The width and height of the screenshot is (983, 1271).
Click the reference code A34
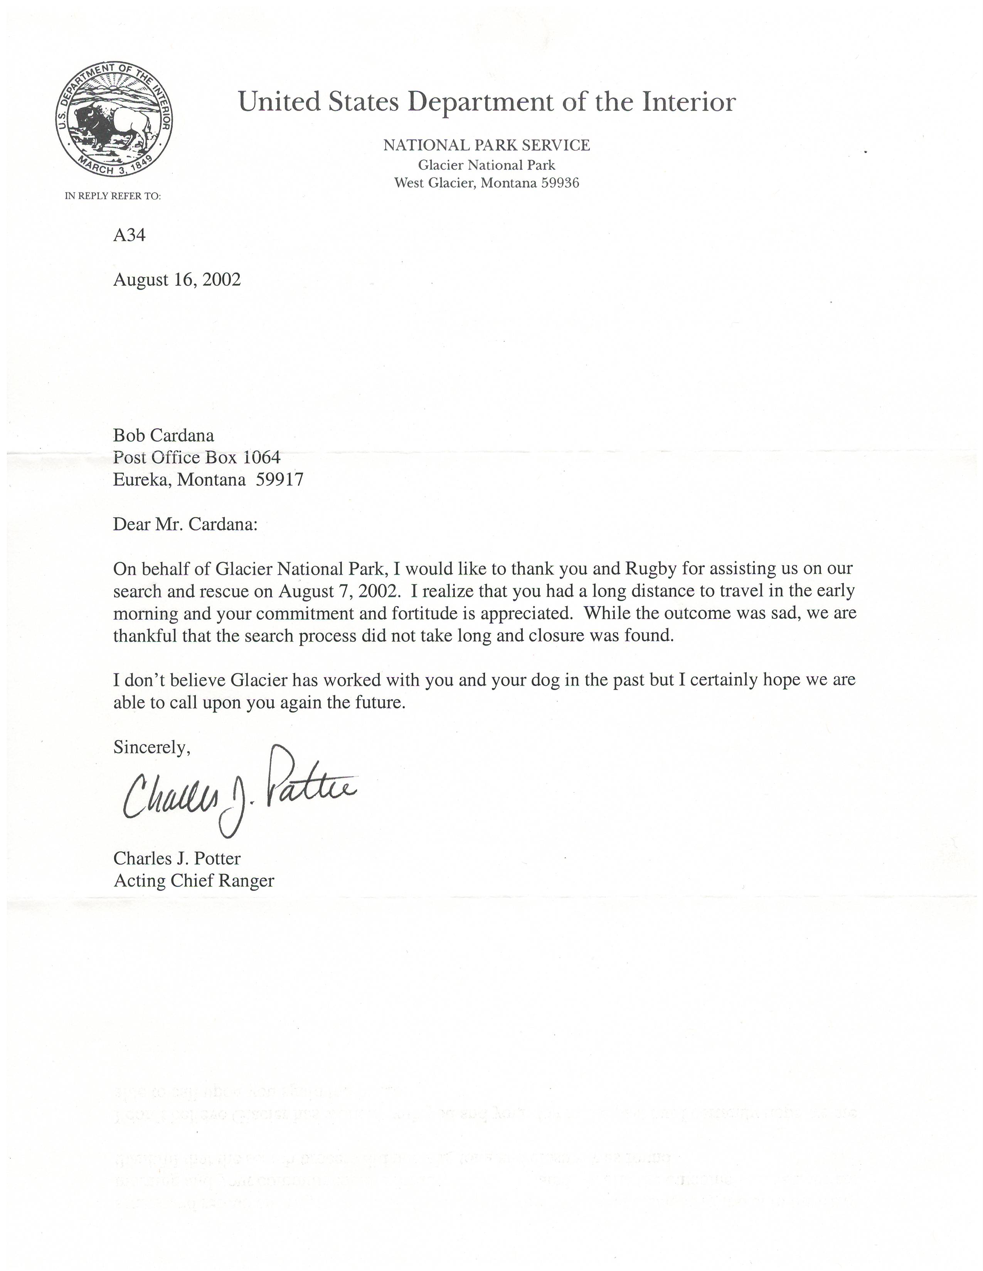[129, 235]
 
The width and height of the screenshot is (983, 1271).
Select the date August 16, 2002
[177, 280]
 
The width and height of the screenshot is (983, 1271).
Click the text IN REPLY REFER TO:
[113, 196]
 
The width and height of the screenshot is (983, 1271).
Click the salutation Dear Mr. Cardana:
[185, 524]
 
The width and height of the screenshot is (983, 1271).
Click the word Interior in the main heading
[689, 102]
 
